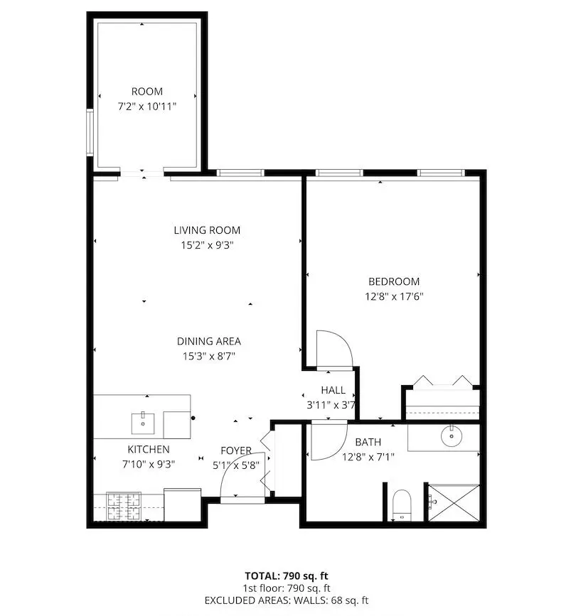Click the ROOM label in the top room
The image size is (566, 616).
tap(147, 91)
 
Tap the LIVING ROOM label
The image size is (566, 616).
tap(207, 230)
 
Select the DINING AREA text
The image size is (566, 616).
tap(208, 341)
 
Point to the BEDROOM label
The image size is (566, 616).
tap(394, 281)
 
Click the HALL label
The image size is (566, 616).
tap(333, 390)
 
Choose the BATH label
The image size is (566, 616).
tap(368, 443)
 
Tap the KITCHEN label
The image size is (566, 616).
tap(149, 449)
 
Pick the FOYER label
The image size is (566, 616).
tap(235, 450)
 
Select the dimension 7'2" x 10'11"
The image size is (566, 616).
tap(147, 106)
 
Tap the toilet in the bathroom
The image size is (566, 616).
tap(402, 504)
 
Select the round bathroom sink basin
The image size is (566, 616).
tap(451, 436)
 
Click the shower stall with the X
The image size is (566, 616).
tap(454, 502)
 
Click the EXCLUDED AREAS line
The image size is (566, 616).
tap(287, 600)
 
